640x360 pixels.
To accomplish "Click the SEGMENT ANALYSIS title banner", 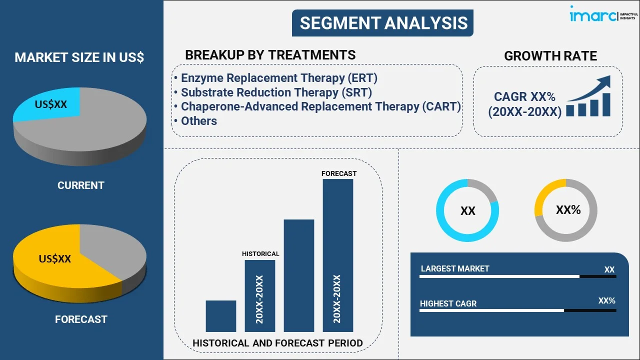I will pyautogui.click(x=383, y=23).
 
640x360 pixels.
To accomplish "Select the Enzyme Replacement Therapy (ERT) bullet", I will pyautogui.click(x=279, y=78).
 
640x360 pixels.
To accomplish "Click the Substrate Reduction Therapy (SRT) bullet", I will pyautogui.click(x=276, y=92).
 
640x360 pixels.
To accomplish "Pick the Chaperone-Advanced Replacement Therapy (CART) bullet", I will pyautogui.click(x=320, y=106).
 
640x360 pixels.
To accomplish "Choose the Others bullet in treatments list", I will pyautogui.click(x=198, y=121).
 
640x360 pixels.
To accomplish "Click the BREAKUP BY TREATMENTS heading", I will pyautogui.click(x=270, y=55).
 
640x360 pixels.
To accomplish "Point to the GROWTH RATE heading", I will pyautogui.click(x=550, y=56).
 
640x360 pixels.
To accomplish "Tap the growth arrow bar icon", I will pyautogui.click(x=589, y=97).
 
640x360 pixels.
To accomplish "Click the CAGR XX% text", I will pyautogui.click(x=524, y=97).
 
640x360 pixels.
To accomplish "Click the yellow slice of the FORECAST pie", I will pyautogui.click(x=50, y=260).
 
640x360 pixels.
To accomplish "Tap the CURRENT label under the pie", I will pyautogui.click(x=80, y=185).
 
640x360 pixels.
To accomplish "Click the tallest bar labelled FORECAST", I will pyautogui.click(x=338, y=255).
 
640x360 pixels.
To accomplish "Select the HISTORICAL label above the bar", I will pyautogui.click(x=260, y=254).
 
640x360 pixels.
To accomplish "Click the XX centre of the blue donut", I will pyautogui.click(x=467, y=211).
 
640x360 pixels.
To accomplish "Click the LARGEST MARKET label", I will pyautogui.click(x=455, y=269).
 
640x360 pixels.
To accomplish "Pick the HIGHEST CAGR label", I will pyautogui.click(x=448, y=303).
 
